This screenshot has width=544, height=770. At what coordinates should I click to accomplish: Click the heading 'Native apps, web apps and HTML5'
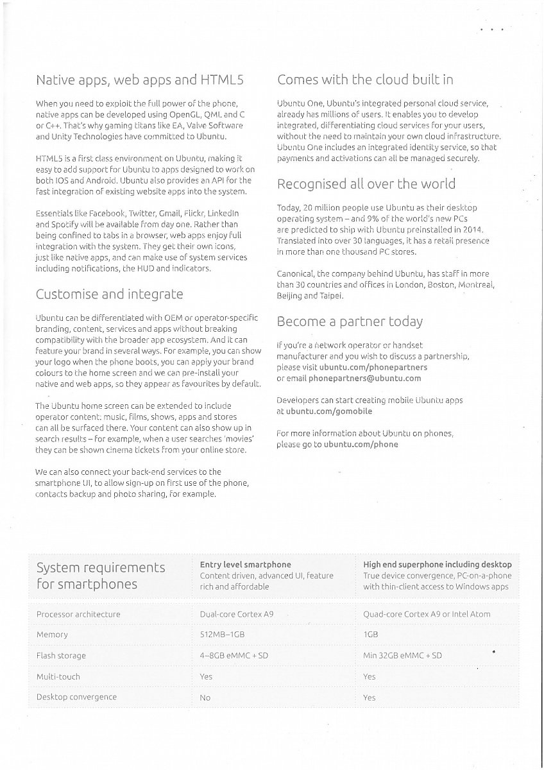(x=140, y=80)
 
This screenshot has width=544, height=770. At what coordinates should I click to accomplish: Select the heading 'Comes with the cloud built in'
(x=365, y=80)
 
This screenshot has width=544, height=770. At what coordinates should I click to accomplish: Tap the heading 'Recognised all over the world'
(x=366, y=184)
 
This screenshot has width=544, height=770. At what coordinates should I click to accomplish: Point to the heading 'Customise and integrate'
(x=109, y=295)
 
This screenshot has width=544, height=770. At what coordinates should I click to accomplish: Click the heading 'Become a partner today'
(x=350, y=321)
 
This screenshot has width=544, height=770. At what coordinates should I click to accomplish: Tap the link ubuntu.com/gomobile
(x=328, y=411)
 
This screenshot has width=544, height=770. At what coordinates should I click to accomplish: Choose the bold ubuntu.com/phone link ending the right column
(x=361, y=444)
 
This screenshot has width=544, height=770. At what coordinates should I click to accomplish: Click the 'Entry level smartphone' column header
(x=246, y=565)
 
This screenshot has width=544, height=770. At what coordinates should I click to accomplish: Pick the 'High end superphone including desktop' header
(x=438, y=565)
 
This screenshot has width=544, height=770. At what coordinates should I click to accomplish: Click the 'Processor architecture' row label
(x=78, y=614)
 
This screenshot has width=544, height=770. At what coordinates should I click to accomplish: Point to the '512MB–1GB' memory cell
(x=223, y=635)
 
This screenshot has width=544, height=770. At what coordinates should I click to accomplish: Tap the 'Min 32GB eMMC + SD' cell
(x=402, y=656)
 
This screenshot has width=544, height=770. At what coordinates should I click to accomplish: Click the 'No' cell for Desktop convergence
(x=205, y=697)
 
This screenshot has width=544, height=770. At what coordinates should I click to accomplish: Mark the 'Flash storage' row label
(x=61, y=656)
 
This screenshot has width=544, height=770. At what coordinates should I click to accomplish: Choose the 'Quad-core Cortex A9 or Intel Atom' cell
(x=427, y=614)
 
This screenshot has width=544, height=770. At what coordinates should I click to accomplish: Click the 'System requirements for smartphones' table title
(x=101, y=576)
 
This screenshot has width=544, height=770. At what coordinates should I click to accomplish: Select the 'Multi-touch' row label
(x=58, y=676)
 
